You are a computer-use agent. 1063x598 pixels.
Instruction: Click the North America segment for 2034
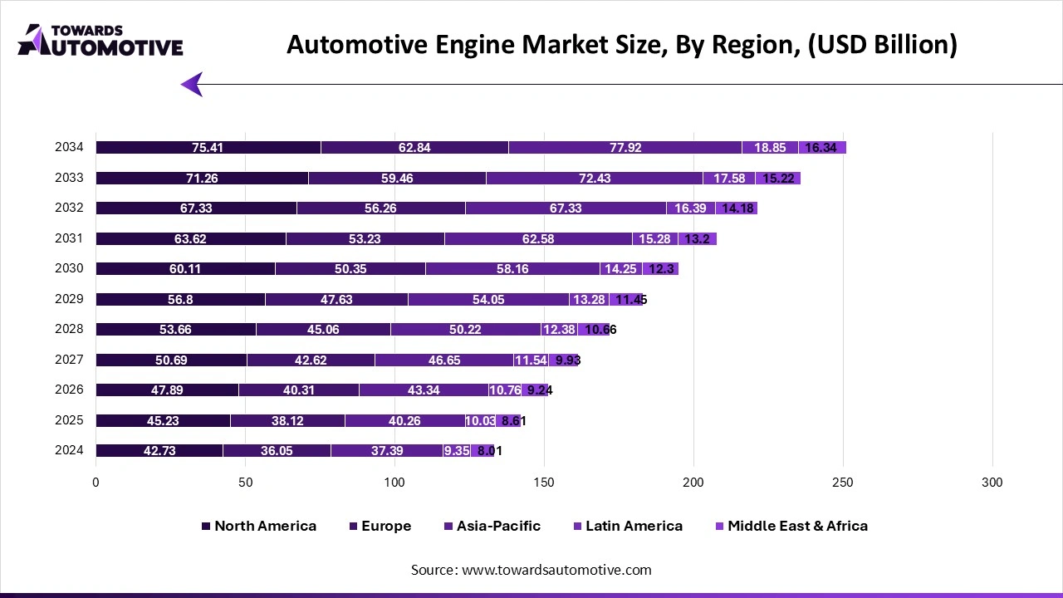[208, 148]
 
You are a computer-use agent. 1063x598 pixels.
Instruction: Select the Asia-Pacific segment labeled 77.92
[625, 148]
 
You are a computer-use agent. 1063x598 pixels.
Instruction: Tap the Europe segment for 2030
[350, 269]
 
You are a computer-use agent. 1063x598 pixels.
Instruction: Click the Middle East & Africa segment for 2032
[737, 208]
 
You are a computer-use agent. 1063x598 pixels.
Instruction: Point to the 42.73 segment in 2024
[159, 451]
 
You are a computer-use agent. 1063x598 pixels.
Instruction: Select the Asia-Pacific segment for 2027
[443, 360]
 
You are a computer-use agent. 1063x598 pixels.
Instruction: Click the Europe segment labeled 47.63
[336, 299]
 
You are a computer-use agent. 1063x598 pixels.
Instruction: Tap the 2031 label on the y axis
[69, 238]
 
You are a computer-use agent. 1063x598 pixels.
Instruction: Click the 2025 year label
[69, 420]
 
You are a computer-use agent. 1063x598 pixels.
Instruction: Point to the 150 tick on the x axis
[544, 483]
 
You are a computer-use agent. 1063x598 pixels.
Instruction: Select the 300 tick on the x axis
[992, 483]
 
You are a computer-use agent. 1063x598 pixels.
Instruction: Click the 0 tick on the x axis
[96, 483]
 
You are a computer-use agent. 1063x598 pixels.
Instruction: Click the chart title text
[621, 45]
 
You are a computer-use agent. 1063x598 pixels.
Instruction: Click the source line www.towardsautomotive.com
[531, 570]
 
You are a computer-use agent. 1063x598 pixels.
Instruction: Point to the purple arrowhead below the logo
[192, 84]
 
